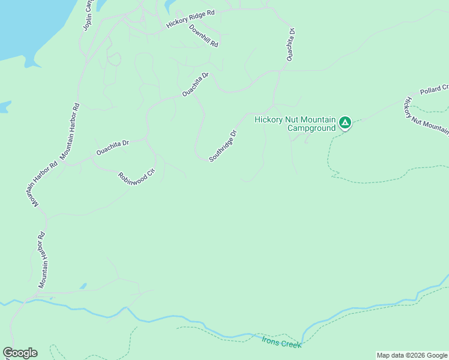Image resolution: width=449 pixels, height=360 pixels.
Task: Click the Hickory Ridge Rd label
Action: pos(190,20)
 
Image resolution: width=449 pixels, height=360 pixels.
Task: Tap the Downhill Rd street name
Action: pos(203,36)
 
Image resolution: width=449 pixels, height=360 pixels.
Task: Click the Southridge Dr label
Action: pos(223,146)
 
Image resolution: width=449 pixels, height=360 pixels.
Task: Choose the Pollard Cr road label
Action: pos(434,89)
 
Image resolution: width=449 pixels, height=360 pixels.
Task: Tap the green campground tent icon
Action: pos(345,123)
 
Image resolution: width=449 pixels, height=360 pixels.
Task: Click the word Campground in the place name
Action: pos(311,128)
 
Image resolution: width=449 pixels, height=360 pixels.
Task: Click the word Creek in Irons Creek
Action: pos(289,344)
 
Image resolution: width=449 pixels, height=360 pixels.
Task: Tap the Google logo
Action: pos(20,353)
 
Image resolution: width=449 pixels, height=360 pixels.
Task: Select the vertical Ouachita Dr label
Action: pos(291,44)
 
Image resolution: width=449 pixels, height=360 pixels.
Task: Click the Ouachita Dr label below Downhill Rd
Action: pos(196,85)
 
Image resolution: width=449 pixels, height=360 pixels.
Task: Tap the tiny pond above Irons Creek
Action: pos(83,286)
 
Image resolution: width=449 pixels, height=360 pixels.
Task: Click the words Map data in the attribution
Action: pos(391,355)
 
